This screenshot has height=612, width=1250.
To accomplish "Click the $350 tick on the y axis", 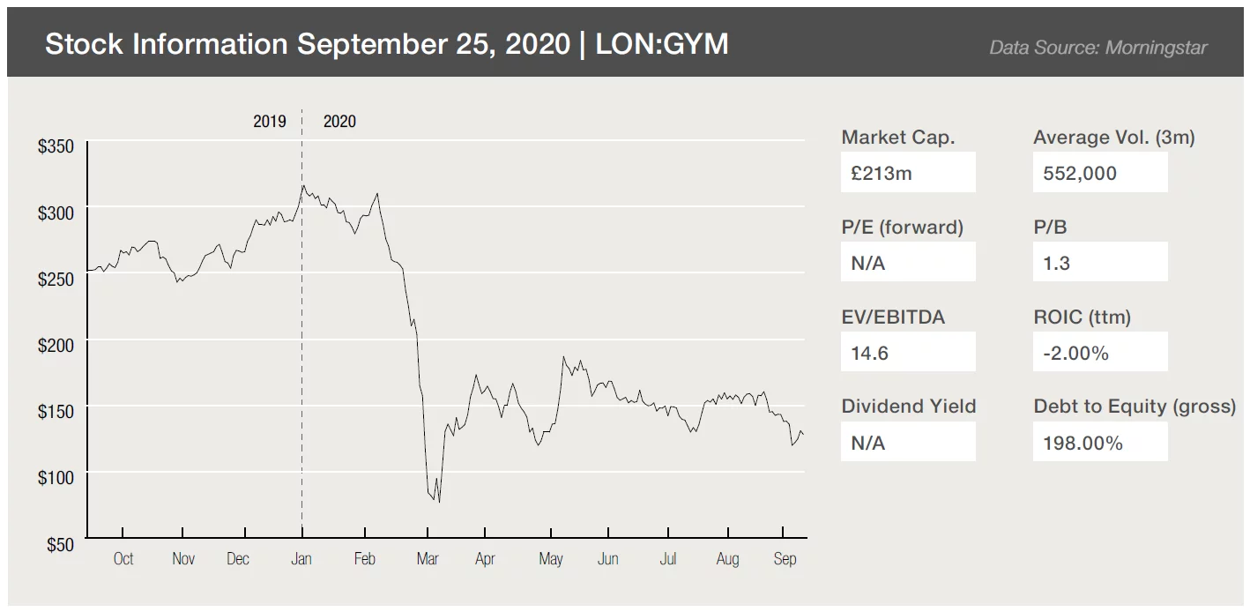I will click(x=56, y=146).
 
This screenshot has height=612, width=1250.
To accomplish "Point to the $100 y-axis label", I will click(x=56, y=478).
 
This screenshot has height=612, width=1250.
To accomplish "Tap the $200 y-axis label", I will click(x=56, y=346).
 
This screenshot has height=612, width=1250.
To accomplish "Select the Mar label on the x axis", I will click(x=428, y=558).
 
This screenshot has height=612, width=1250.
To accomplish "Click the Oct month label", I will click(x=123, y=558).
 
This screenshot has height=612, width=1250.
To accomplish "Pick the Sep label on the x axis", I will click(x=785, y=558).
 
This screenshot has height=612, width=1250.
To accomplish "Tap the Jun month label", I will click(x=607, y=558).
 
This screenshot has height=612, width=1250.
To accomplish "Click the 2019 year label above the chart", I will click(x=270, y=122).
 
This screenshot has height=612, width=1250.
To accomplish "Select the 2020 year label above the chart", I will click(x=339, y=122).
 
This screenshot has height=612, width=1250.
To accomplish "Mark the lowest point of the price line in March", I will click(x=439, y=502).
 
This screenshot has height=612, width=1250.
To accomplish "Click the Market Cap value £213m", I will click(x=882, y=173).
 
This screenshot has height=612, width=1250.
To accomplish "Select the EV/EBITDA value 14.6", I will click(x=870, y=353).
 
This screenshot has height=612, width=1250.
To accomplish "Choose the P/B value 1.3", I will click(x=1056, y=263).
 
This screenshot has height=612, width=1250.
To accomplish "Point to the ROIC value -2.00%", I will click(x=1075, y=353).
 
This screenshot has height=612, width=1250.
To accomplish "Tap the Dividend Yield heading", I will click(x=908, y=407).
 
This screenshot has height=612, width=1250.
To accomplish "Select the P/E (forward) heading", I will click(x=902, y=227).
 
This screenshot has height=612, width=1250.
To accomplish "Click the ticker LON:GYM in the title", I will click(x=662, y=44).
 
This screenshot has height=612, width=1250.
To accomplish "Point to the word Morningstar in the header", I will click(x=1156, y=48).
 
